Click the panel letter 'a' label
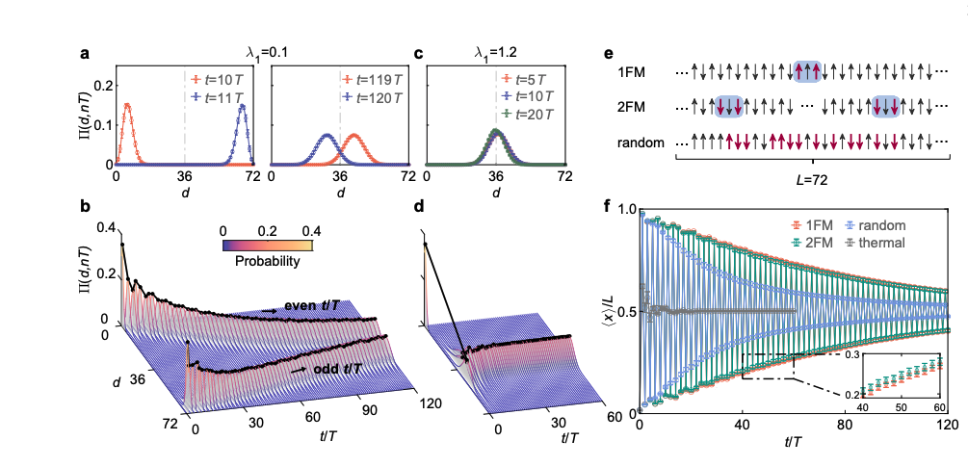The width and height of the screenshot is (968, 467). (x=85, y=56)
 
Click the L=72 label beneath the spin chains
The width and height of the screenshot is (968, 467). (x=811, y=180)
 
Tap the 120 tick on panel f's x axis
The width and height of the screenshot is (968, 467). (x=948, y=426)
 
